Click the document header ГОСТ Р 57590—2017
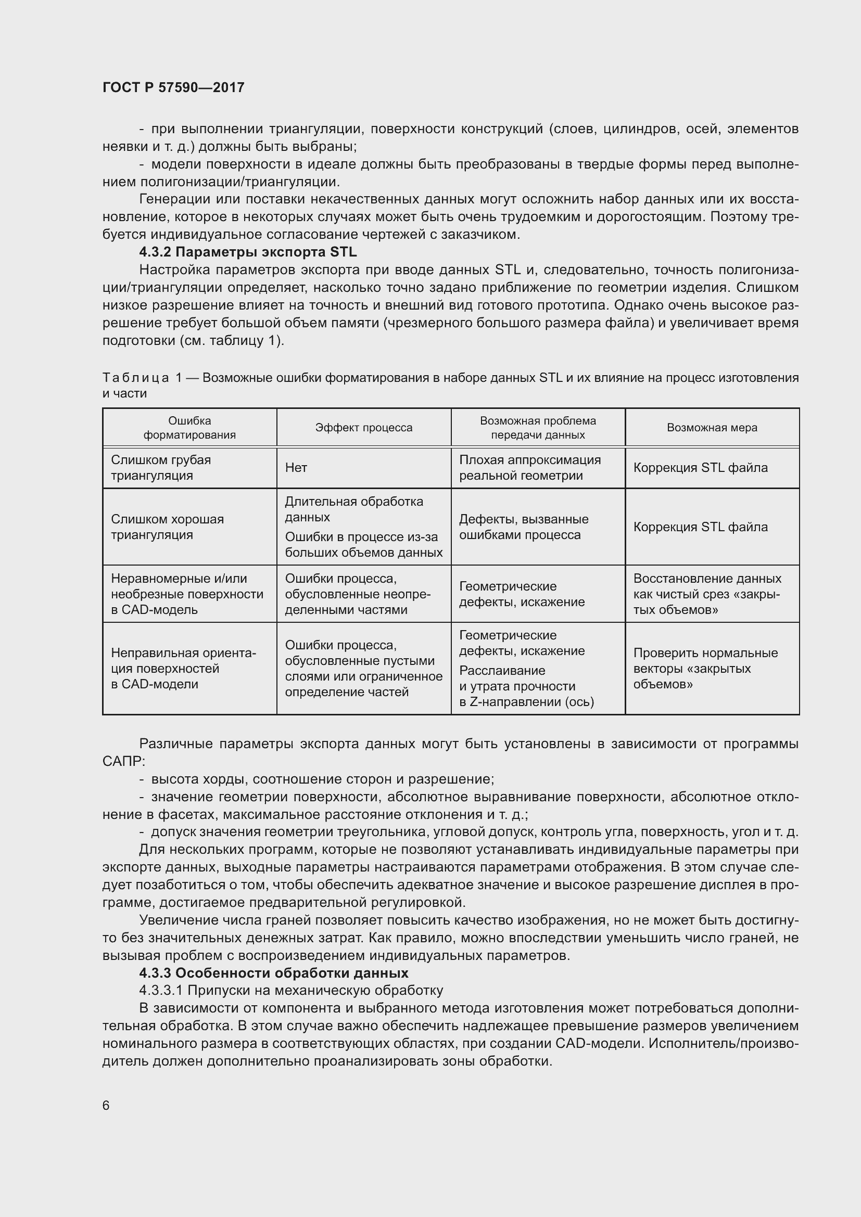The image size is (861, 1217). coord(173,87)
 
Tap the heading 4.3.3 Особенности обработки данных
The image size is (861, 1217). coord(274,972)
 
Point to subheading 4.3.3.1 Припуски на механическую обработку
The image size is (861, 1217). coord(291,990)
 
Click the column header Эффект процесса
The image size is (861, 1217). coord(364,427)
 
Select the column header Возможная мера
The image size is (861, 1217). coord(712,427)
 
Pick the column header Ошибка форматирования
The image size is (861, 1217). coord(189,427)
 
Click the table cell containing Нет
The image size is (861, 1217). coord(296,468)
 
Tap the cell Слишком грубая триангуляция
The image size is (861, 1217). coord(161,468)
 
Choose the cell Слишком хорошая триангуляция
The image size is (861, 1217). coord(167,527)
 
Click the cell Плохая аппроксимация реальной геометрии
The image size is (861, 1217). coord(529,468)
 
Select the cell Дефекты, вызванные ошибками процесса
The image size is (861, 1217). coord(523,527)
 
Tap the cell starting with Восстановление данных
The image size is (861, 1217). coord(707,594)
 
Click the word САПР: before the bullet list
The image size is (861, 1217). coord(123,761)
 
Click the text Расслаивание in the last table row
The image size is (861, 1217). coord(501,671)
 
